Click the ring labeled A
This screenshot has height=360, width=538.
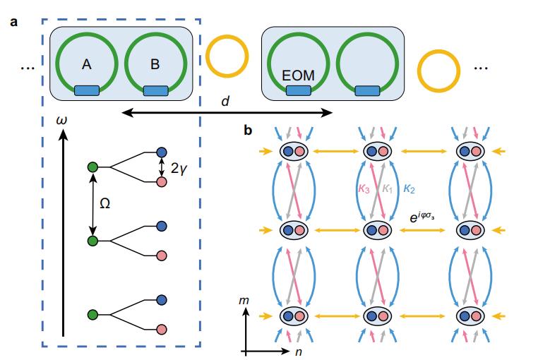(87, 64)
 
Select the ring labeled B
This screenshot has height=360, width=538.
(155, 64)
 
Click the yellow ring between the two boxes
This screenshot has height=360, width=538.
(227, 54)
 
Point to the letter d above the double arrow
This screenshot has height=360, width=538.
(225, 102)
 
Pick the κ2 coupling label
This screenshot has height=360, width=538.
(410, 189)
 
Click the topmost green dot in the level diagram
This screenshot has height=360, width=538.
(92, 167)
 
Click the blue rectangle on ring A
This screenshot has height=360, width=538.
(87, 90)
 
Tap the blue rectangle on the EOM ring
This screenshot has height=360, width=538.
(299, 90)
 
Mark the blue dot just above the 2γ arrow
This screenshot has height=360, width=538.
(161, 152)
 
